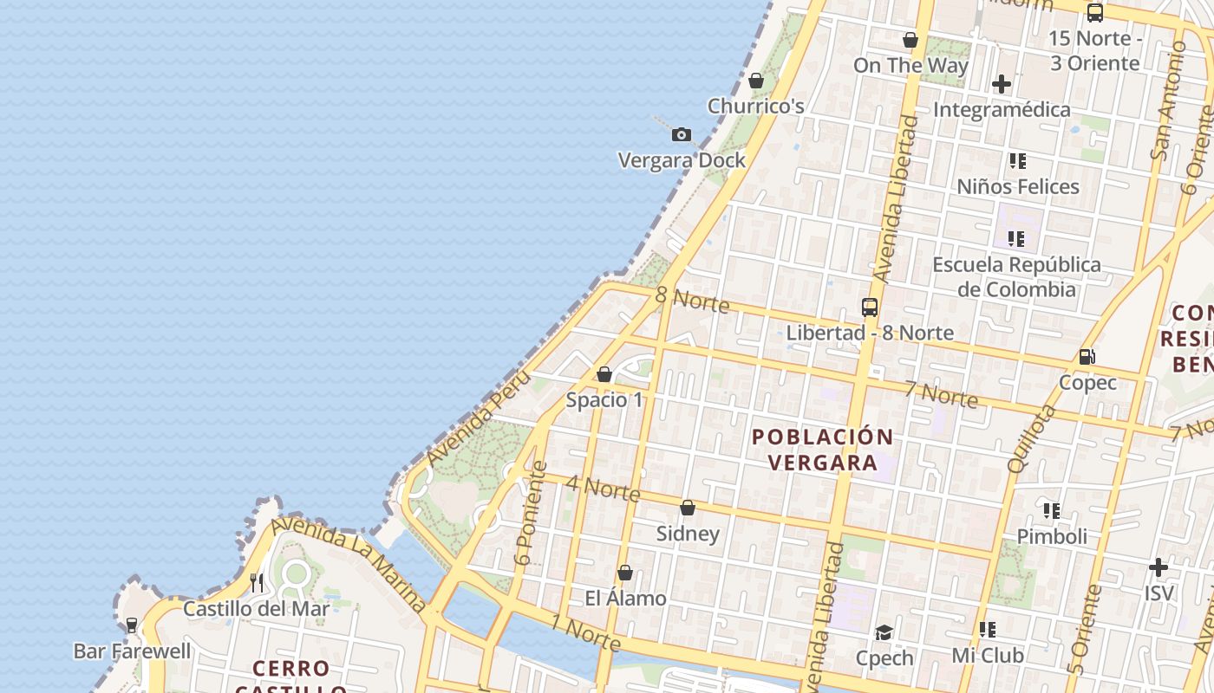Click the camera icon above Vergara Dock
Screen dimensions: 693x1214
(682, 134)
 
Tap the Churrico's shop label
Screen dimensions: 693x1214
(755, 106)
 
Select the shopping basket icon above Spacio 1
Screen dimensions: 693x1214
(604, 374)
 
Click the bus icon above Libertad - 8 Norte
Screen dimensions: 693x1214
(870, 307)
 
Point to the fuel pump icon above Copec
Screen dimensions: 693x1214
(1087, 356)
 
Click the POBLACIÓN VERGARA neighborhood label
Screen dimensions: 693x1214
(822, 450)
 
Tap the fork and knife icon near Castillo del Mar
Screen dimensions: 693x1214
(256, 582)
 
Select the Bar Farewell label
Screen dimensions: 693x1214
(132, 651)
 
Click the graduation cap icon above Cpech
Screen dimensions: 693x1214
(884, 632)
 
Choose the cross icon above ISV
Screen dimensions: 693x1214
(1159, 567)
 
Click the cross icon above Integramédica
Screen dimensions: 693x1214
(1002, 84)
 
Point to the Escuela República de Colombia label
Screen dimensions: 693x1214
(1016, 276)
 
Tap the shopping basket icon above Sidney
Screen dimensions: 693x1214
(688, 508)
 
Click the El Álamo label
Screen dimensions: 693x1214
(625, 598)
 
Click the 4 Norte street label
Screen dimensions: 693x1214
(603, 488)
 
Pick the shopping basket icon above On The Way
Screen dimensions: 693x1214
(910, 40)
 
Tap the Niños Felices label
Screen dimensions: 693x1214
(1017, 186)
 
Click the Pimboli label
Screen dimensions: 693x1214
(1051, 536)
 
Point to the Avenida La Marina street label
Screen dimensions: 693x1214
(349, 566)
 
